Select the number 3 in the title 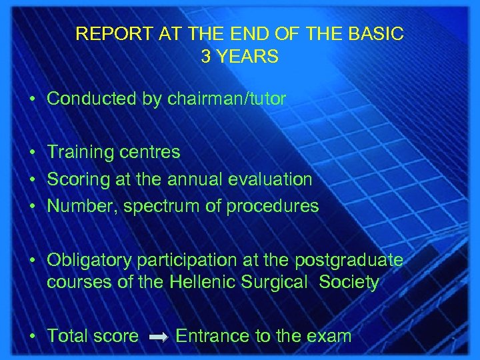(x=206, y=57)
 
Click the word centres (x=150, y=152)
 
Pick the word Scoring (x=78, y=179)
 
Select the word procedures (x=273, y=207)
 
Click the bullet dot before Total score (x=32, y=337)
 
